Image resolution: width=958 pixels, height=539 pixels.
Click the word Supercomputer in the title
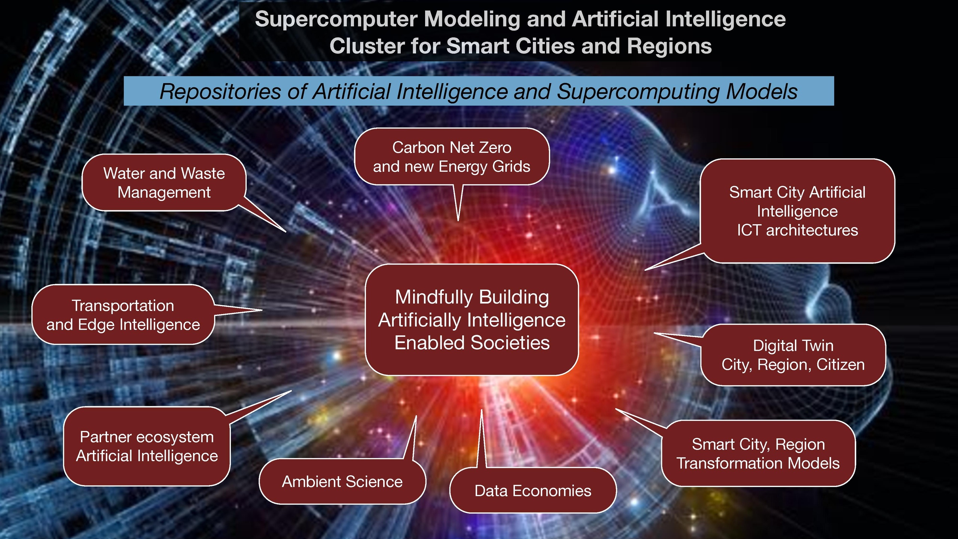(x=336, y=19)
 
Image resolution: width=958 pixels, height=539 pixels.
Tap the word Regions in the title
(x=669, y=46)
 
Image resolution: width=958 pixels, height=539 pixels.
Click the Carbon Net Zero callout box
(x=452, y=156)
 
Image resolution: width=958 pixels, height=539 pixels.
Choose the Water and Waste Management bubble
(x=164, y=183)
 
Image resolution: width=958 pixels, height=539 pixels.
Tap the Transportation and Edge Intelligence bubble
(x=123, y=314)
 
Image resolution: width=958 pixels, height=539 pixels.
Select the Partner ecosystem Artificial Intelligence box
(x=147, y=446)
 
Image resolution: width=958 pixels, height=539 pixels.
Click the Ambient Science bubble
(x=342, y=481)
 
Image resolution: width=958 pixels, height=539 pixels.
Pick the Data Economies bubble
(x=533, y=490)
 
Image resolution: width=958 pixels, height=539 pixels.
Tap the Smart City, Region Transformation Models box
(x=758, y=453)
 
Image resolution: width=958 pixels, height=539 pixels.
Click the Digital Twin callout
(x=793, y=355)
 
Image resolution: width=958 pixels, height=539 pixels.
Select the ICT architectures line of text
(x=797, y=230)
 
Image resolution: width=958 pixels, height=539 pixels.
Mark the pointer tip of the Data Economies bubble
(x=482, y=409)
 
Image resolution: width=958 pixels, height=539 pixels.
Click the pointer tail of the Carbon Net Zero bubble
(x=458, y=221)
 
